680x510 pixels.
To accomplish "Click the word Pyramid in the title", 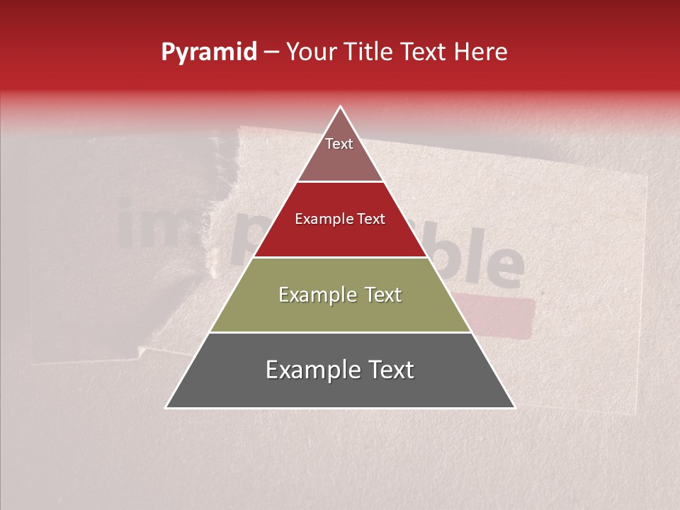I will coord(208,52).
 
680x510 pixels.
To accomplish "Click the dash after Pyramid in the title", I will coord(271,52).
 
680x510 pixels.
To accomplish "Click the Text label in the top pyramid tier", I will coord(339,144).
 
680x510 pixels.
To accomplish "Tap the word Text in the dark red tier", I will coord(371,219).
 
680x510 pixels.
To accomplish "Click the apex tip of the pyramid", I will coord(340,107).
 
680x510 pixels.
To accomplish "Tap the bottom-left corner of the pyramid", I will coord(166,407).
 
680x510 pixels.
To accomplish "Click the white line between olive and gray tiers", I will coord(340,332).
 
